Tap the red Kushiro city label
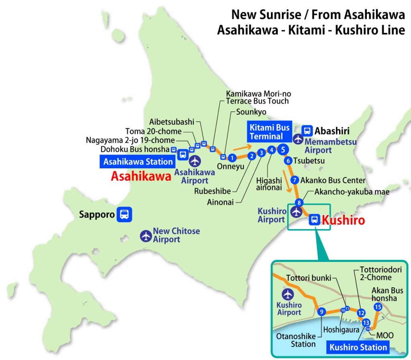(x=344, y=220)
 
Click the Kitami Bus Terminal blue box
(x=270, y=132)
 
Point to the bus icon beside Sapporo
(x=124, y=214)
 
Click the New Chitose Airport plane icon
(x=146, y=236)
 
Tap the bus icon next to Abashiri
(x=307, y=131)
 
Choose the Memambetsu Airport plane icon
(x=298, y=139)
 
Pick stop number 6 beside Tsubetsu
(x=288, y=161)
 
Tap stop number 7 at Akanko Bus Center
(x=295, y=180)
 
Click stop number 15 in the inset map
(x=377, y=307)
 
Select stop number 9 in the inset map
(x=321, y=312)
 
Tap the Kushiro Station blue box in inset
(x=359, y=347)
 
